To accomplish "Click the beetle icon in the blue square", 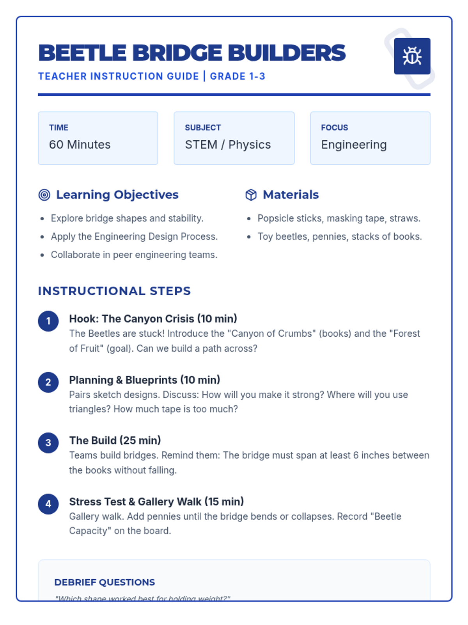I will pyautogui.click(x=412, y=56).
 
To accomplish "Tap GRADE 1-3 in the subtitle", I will pyautogui.click(x=238, y=76).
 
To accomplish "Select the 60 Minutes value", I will pyautogui.click(x=80, y=145).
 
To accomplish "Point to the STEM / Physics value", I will pyautogui.click(x=228, y=145).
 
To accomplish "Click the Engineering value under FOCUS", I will pyautogui.click(x=354, y=145).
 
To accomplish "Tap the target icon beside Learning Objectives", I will pyautogui.click(x=44, y=195).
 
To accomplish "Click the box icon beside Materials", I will pyautogui.click(x=251, y=195).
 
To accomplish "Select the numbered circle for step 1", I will pyautogui.click(x=48, y=321).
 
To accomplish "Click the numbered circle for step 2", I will pyautogui.click(x=48, y=382).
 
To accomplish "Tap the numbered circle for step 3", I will pyautogui.click(x=48, y=443).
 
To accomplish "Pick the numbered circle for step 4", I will pyautogui.click(x=48, y=504).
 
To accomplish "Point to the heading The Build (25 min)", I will pyautogui.click(x=115, y=440).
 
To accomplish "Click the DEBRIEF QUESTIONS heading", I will pyautogui.click(x=105, y=582).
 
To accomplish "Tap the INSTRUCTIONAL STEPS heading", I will pyautogui.click(x=114, y=291).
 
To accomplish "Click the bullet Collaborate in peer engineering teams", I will pyautogui.click(x=134, y=255).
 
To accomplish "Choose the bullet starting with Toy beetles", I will pyautogui.click(x=340, y=236).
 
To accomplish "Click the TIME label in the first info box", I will pyautogui.click(x=58, y=128).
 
